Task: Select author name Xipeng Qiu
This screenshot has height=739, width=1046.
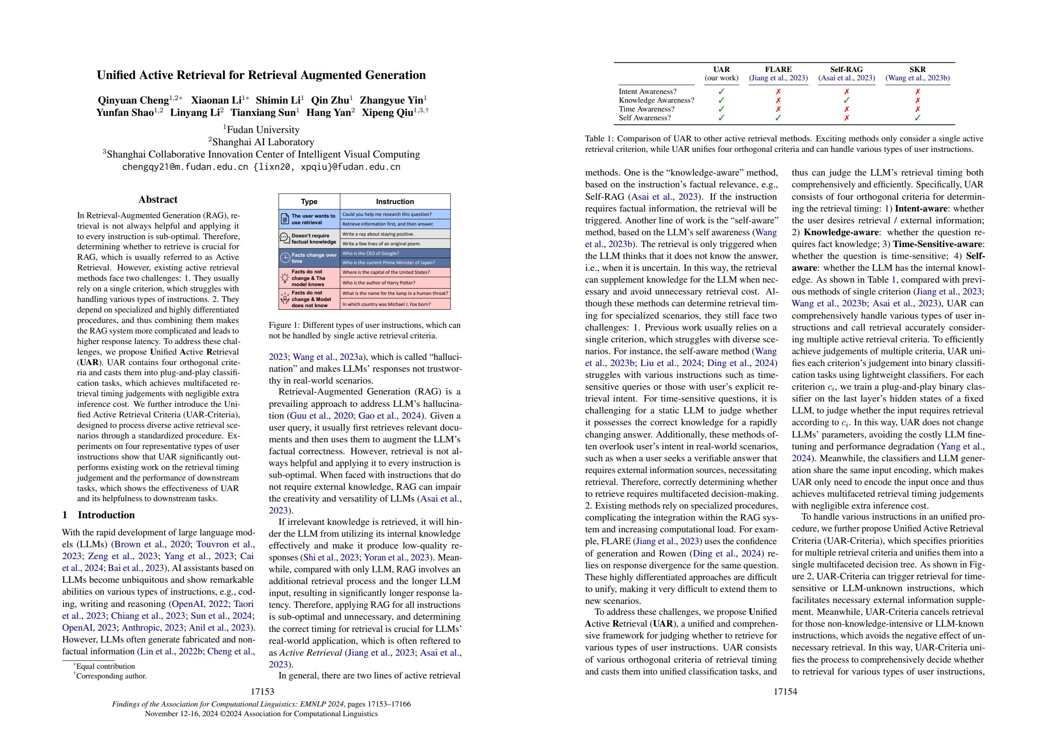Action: coord(387,113)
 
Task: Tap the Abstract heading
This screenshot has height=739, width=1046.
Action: coord(158,199)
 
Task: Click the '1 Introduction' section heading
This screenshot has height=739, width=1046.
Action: coord(98,515)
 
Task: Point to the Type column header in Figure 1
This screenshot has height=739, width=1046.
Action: coord(309,201)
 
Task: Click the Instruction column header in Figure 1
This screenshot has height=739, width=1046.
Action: coord(394,201)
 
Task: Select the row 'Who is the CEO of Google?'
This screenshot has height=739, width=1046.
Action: coord(394,253)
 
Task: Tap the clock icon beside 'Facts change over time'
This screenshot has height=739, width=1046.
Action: coord(285,258)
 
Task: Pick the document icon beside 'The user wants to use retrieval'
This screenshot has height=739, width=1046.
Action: coord(285,219)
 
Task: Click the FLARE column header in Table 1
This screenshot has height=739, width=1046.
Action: coord(778,70)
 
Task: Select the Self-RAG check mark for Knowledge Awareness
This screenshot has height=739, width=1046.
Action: coord(847,100)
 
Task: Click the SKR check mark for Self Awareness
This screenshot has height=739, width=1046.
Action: coord(917,118)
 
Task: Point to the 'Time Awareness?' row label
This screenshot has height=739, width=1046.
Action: coord(646,109)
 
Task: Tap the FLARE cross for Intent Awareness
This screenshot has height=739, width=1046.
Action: coord(778,92)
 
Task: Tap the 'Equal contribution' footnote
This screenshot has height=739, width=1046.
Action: coord(105,666)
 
